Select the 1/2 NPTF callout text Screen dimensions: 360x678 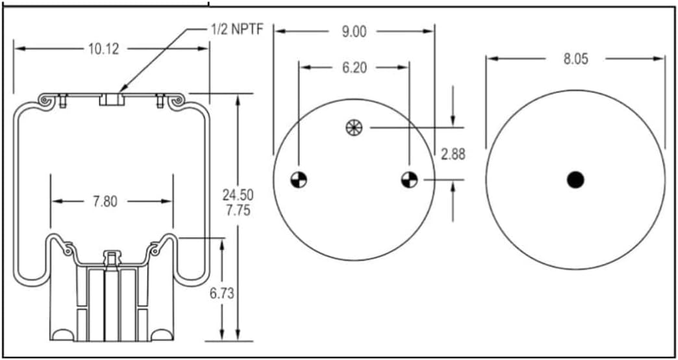click(233, 31)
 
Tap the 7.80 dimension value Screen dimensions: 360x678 click(105, 201)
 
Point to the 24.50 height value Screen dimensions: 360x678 click(238, 194)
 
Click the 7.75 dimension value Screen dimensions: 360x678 click(238, 210)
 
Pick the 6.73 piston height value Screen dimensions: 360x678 click(221, 293)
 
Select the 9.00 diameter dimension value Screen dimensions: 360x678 click(353, 32)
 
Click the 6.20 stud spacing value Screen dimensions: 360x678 click(353, 67)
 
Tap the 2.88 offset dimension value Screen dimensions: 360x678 click(453, 154)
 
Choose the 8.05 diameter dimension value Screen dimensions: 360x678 click(575, 59)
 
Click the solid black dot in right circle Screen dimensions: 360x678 click(575, 179)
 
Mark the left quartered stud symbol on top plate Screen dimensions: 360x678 click(299, 179)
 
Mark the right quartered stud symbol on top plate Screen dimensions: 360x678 click(409, 179)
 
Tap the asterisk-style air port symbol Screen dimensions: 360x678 click(354, 127)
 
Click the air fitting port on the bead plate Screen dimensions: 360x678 click(112, 99)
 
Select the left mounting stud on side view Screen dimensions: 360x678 click(63, 101)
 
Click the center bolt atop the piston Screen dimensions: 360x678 click(112, 258)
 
